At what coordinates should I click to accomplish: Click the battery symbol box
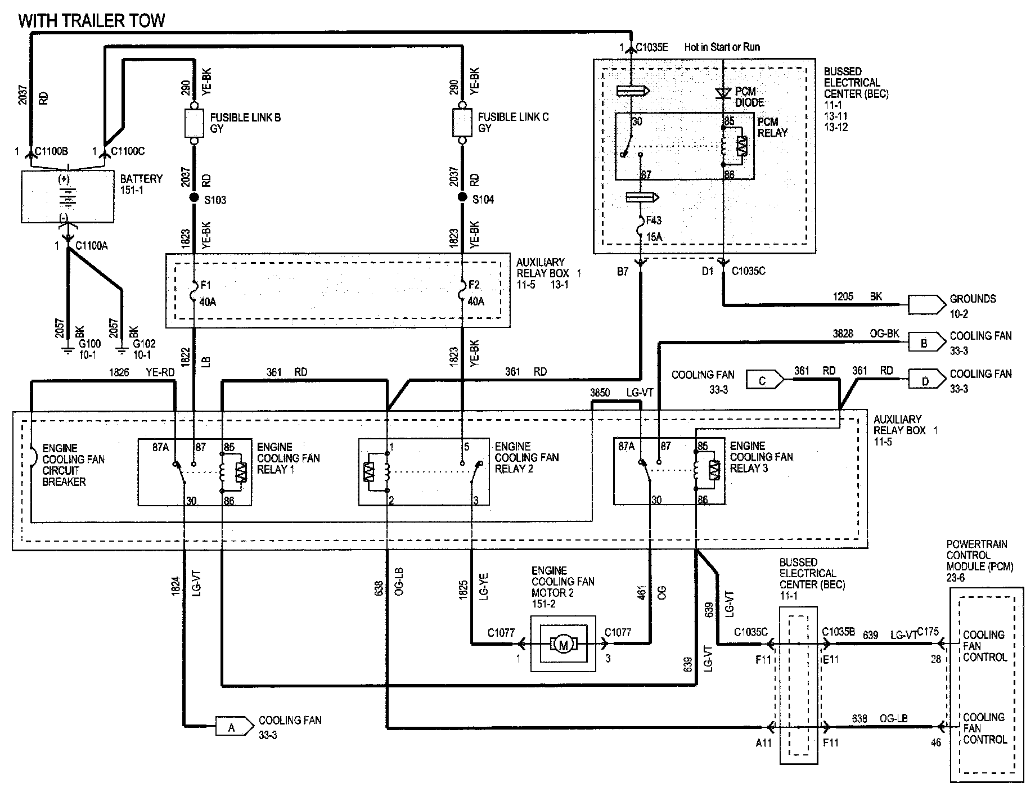click(x=67, y=196)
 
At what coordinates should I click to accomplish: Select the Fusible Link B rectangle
click(x=194, y=123)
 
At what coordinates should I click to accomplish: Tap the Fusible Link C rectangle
click(x=462, y=123)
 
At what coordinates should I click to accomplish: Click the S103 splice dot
click(x=194, y=197)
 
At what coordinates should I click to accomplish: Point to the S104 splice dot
click(x=462, y=197)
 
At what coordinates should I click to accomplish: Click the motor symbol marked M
click(x=563, y=644)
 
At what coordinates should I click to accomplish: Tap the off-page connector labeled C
click(x=765, y=381)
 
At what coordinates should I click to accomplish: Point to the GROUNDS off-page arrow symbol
click(x=926, y=304)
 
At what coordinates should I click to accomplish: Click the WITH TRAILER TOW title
click(x=92, y=21)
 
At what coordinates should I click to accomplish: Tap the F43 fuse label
click(x=654, y=221)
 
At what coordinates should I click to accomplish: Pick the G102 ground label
click(x=144, y=344)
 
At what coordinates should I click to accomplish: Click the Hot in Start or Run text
click(x=722, y=47)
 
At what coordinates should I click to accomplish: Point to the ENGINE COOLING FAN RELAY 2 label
click(x=526, y=457)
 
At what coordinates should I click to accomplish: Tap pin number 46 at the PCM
click(x=935, y=742)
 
